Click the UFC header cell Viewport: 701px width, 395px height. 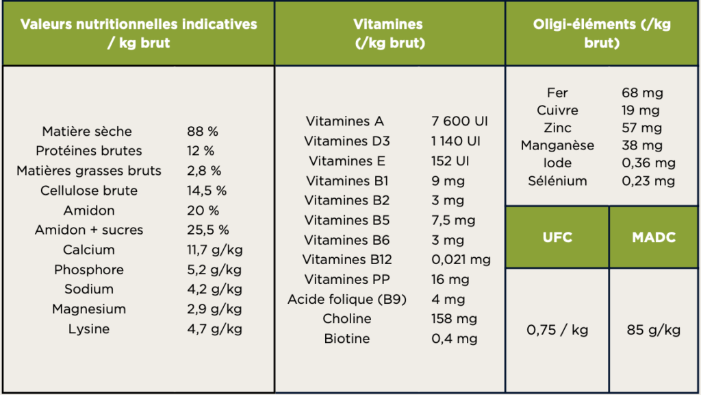(557, 237)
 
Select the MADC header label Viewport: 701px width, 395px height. (653, 237)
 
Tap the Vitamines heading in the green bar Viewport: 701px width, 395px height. (389, 33)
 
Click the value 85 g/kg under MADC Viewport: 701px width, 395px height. (653, 331)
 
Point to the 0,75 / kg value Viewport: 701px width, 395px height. (557, 331)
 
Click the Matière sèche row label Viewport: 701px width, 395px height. (87, 131)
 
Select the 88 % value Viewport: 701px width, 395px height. (203, 131)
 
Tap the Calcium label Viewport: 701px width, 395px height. (89, 250)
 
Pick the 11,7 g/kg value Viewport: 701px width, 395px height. (214, 250)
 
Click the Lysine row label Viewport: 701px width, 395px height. (89, 329)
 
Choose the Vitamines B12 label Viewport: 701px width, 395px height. (347, 259)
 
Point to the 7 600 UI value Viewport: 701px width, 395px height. (459, 121)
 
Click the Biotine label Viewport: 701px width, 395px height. (347, 339)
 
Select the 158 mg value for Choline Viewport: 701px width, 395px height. (454, 319)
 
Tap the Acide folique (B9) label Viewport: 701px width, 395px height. (347, 299)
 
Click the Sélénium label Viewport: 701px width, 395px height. (557, 181)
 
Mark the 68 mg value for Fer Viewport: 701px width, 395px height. (642, 93)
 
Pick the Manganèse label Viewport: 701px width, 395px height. (557, 145)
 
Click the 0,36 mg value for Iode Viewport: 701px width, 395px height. (648, 163)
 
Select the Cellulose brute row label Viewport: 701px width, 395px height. (89, 191)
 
